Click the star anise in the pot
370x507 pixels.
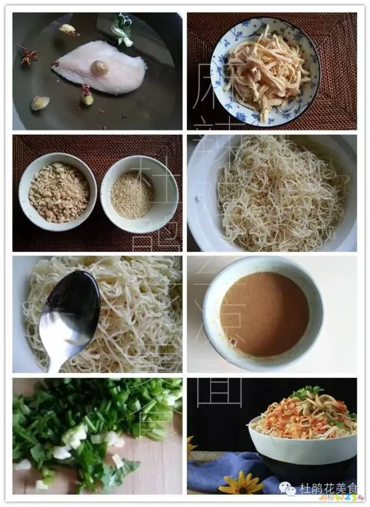pyautogui.click(x=28, y=56)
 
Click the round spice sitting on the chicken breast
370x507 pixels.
pyautogui.click(x=100, y=68)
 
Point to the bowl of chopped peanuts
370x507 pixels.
pyautogui.click(x=58, y=192)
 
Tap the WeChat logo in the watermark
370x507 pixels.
pyautogui.click(x=288, y=489)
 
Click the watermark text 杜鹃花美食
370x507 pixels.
pyautogui.click(x=328, y=489)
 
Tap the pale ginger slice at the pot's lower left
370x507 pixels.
pyautogui.click(x=40, y=103)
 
